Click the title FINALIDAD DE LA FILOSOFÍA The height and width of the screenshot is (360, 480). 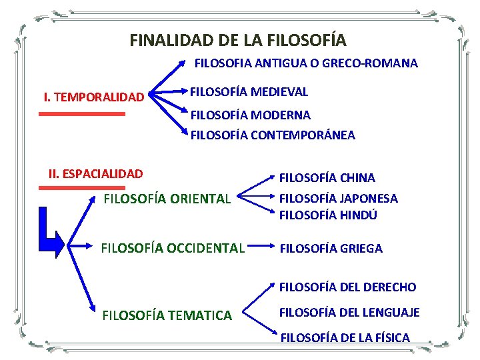pyautogui.click(x=238, y=41)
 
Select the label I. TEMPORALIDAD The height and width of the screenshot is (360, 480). pyautogui.click(x=93, y=98)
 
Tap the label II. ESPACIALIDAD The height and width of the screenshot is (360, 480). pyautogui.click(x=95, y=174)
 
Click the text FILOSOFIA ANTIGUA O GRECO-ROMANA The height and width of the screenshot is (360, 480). pyautogui.click(x=306, y=64)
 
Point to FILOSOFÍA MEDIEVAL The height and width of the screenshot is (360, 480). pyautogui.click(x=249, y=91)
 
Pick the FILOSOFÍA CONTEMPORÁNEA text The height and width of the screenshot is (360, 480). pyautogui.click(x=273, y=135)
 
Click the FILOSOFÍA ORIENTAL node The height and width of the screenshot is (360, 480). pyautogui.click(x=167, y=199)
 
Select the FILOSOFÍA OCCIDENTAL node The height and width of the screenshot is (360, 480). pyautogui.click(x=173, y=249)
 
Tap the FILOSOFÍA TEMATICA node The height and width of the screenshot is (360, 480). pyautogui.click(x=167, y=315)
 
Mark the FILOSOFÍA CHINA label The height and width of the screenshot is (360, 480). pyautogui.click(x=327, y=178)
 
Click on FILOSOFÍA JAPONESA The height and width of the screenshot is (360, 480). pyautogui.click(x=338, y=199)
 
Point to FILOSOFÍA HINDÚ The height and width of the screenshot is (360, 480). pyautogui.click(x=328, y=215)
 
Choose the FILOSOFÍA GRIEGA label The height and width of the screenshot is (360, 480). pyautogui.click(x=331, y=249)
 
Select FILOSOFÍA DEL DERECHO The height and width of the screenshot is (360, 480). pyautogui.click(x=347, y=287)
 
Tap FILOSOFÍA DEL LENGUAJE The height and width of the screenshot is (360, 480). pyautogui.click(x=349, y=312)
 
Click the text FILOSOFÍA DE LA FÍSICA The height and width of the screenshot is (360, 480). pyautogui.click(x=345, y=338)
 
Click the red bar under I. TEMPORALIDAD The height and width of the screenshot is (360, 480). pyautogui.click(x=82, y=114)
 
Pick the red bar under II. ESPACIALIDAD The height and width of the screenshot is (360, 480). pyautogui.click(x=82, y=188)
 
